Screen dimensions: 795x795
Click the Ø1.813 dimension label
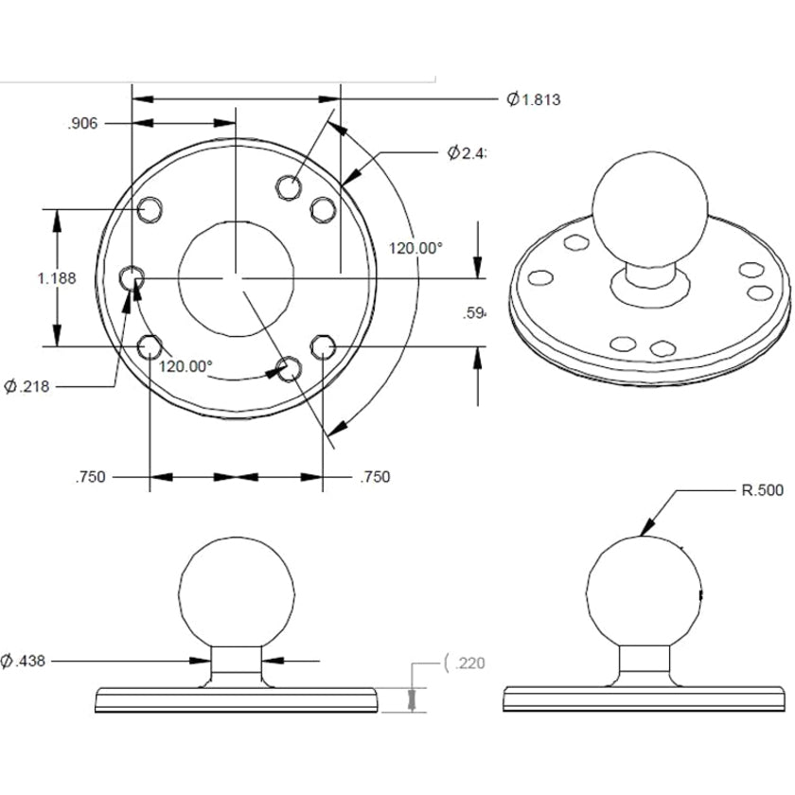pos(534,99)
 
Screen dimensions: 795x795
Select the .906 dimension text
pos(83,123)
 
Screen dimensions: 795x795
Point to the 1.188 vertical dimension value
pos(56,278)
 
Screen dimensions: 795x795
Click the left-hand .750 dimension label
pos(90,477)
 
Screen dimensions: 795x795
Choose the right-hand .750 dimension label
pos(375,477)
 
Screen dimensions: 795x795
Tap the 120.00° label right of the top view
pos(415,248)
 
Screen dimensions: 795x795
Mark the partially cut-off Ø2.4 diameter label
pos(467,153)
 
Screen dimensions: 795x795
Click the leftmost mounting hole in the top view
pos(132,278)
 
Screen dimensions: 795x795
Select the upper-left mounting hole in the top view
pos(149,209)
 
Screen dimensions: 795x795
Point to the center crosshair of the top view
pos(237,278)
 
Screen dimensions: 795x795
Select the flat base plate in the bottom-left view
pos(237,700)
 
